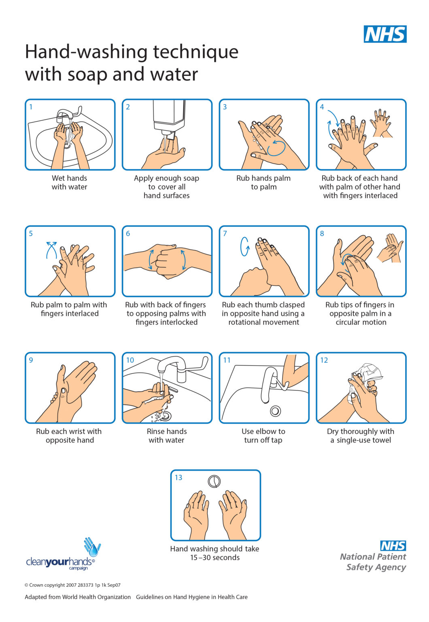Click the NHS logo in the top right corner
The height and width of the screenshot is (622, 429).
pos(385,34)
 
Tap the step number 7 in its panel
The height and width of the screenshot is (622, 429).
pos(225,234)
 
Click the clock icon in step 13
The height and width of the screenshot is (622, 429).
pos(214,481)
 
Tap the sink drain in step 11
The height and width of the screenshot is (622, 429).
pos(275,411)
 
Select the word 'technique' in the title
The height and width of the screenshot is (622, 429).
pos(195,52)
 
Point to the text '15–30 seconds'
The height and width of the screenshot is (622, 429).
pos(215,558)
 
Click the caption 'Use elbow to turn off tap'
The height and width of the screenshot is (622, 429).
pos(263,436)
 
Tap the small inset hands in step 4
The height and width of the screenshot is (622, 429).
pos(381,123)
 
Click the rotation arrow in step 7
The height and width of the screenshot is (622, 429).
pos(245,246)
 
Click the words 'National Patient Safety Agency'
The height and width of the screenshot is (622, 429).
pos(373,562)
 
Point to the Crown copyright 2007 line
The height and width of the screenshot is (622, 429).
pos(72,585)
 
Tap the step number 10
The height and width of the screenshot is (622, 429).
pos(130,360)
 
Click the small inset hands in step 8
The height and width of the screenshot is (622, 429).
pos(390,248)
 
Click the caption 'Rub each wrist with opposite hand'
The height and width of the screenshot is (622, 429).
pos(69,436)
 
